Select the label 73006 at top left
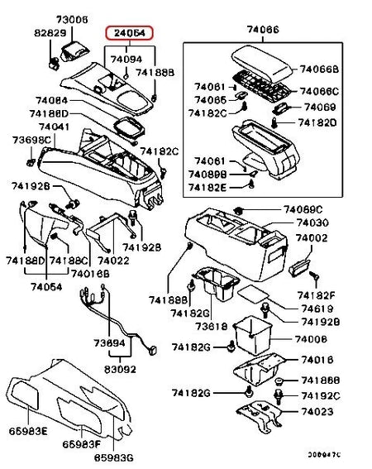72,19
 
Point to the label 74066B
319,69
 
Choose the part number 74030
312,223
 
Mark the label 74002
312,237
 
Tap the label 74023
317,410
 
